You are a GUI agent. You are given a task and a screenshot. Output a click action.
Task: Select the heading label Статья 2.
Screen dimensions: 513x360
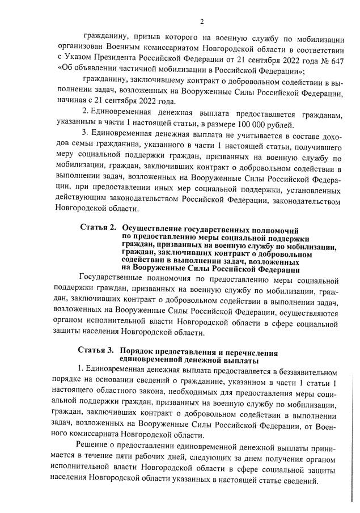(x=98, y=228)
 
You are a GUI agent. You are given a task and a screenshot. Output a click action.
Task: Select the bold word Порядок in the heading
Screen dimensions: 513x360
(x=141, y=353)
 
